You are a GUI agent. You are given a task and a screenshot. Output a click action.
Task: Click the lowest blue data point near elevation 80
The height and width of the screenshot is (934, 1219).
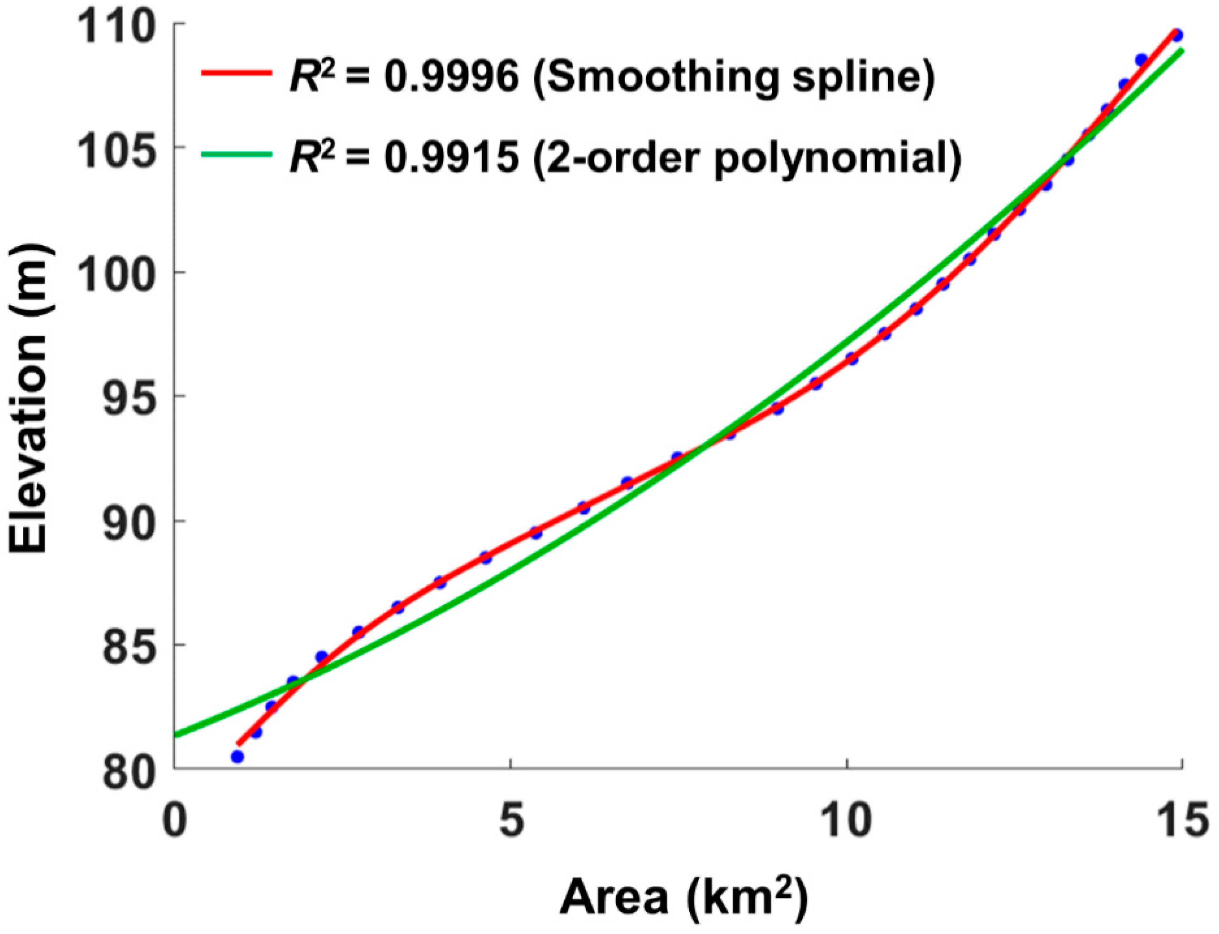click(238, 757)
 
